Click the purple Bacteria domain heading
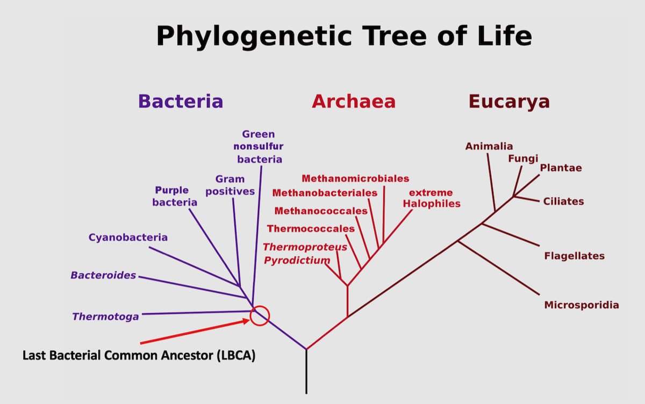pos(181,101)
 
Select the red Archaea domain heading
pos(354,101)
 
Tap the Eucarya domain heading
pos(509,101)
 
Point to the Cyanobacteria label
pos(128,237)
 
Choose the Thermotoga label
pos(105,316)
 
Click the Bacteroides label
pos(103,275)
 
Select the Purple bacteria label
pos(174,196)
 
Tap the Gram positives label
pos(230,185)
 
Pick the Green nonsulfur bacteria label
pos(259,146)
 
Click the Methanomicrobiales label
pos(355,178)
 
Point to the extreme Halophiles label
pos(431,198)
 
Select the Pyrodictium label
pos(296,261)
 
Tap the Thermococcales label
pos(311,228)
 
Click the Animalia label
pos(489,146)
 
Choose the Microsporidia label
pos(582,305)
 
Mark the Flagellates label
pos(574,256)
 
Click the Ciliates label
pos(563,201)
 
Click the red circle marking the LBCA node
pos(260,315)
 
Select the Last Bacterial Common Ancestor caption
pos(139,356)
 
